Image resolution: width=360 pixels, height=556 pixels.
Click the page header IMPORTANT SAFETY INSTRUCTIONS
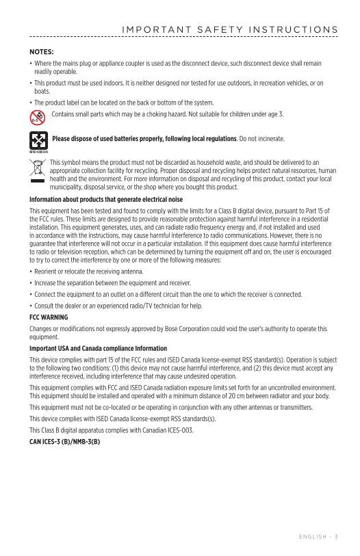[229, 29]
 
